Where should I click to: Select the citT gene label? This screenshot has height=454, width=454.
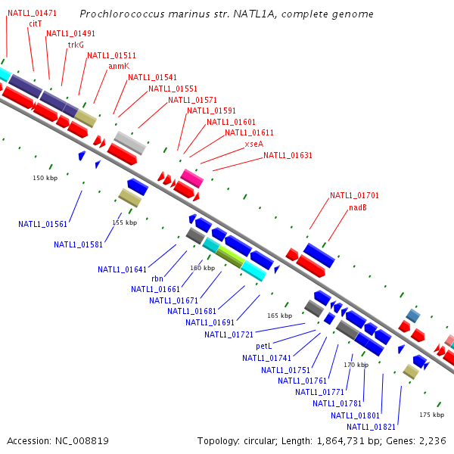point(35,23)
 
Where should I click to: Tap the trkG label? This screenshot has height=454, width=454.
point(76,45)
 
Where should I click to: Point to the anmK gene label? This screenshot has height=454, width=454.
point(119,66)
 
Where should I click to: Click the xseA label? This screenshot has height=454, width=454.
point(254,144)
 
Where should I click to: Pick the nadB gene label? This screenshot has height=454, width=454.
point(358,207)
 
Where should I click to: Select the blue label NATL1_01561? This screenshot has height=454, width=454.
point(43,224)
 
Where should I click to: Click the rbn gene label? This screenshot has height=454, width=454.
point(157,278)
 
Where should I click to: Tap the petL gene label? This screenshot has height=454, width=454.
point(263,346)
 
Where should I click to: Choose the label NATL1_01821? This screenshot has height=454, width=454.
point(372,426)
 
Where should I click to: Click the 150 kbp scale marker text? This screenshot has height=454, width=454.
point(45,178)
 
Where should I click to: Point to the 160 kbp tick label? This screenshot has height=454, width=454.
point(202,268)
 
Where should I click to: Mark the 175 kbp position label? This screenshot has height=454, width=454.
point(431,415)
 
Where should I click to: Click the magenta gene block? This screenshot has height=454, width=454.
point(191,179)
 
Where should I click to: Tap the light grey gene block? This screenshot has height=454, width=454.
point(129,142)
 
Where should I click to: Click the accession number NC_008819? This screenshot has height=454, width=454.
point(58,440)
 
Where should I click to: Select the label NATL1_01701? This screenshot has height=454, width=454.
point(354,195)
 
